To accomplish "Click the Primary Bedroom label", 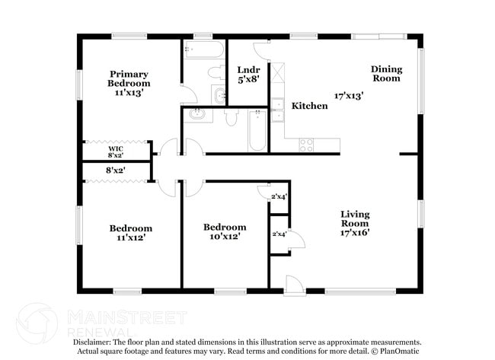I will [x=128, y=82].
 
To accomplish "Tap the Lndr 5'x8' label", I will [x=248, y=73].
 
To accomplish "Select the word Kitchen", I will [x=310, y=106].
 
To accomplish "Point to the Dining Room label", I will [x=386, y=73].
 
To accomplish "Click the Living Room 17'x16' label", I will [x=354, y=224].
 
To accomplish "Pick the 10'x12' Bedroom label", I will [x=225, y=231].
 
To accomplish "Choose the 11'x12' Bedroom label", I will [x=130, y=232].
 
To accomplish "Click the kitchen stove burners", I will [x=308, y=145].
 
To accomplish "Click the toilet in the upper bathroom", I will [x=216, y=73].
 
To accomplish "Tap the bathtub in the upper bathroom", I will [x=203, y=51].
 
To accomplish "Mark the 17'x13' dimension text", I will [x=349, y=96].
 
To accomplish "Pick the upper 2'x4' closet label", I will [x=279, y=197].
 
